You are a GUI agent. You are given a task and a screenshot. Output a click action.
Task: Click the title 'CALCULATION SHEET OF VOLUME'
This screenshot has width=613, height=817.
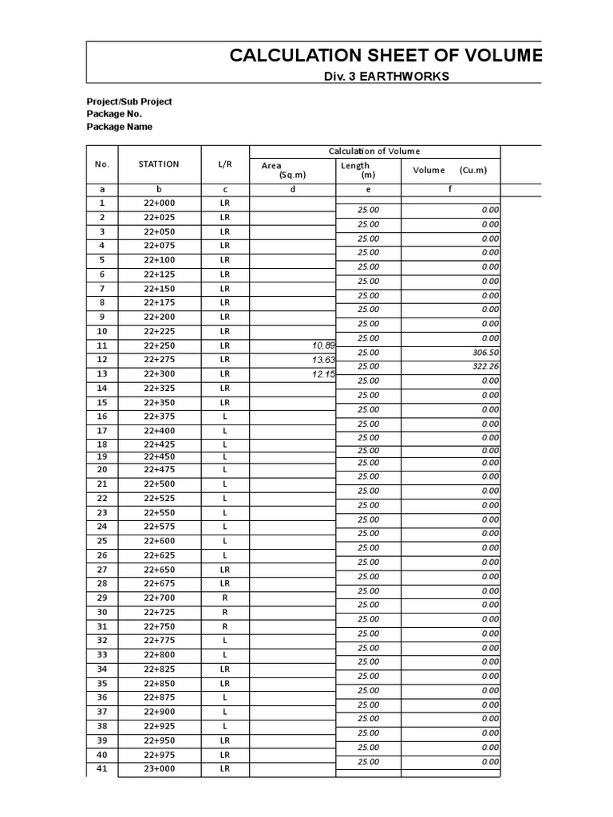pyautogui.click(x=386, y=55)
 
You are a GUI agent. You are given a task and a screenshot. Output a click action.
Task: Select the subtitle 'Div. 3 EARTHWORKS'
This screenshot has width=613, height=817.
pyautogui.click(x=386, y=77)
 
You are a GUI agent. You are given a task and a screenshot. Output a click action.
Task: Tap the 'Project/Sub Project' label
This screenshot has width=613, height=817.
pyautogui.click(x=129, y=101)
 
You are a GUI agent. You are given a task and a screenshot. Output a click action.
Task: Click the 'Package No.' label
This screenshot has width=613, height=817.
pyautogui.click(x=114, y=114)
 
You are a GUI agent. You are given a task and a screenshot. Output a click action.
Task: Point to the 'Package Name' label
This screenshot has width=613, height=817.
pyautogui.click(x=119, y=127)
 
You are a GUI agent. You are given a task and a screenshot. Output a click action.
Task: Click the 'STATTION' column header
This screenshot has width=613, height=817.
pyautogui.click(x=159, y=164)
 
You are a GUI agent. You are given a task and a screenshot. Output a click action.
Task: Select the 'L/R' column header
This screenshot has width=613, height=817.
pyautogui.click(x=225, y=164)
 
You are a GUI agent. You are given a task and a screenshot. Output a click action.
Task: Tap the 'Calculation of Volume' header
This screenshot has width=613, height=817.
pyautogui.click(x=374, y=152)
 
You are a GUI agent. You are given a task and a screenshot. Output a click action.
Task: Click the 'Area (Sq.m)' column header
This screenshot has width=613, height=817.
pyautogui.click(x=283, y=170)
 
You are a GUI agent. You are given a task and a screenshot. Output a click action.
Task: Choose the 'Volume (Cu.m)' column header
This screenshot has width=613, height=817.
pyautogui.click(x=449, y=170)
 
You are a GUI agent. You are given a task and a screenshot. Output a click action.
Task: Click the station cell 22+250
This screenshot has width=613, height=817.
pyautogui.click(x=159, y=345)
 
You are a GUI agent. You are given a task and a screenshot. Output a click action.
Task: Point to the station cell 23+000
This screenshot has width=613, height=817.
pyautogui.click(x=159, y=769)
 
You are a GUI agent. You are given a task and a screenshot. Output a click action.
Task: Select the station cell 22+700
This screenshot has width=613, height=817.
pyautogui.click(x=159, y=598)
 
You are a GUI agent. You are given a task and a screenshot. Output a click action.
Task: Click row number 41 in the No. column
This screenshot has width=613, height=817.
pyautogui.click(x=101, y=769)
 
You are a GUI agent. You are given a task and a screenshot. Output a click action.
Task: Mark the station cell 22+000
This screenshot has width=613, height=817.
pyautogui.click(x=159, y=203)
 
